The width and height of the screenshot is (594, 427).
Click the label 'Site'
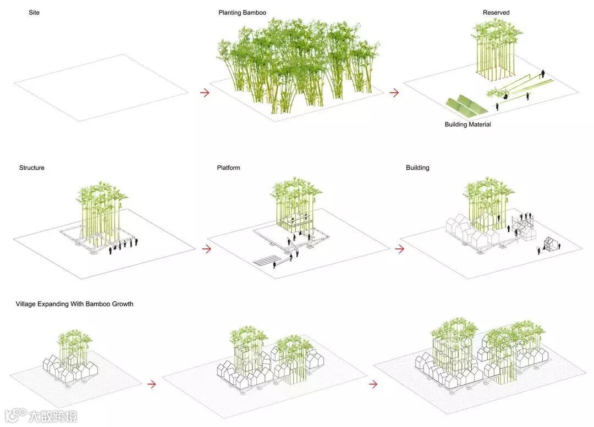click(x=34, y=13)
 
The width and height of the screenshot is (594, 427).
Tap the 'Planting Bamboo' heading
click(x=243, y=13)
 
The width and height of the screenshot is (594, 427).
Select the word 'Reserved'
click(x=496, y=13)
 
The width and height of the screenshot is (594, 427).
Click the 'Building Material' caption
click(x=468, y=125)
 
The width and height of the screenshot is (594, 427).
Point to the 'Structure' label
click(x=32, y=168)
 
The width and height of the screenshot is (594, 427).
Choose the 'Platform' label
click(x=228, y=168)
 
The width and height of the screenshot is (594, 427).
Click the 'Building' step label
click(x=417, y=168)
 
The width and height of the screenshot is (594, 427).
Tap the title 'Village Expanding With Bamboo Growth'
click(x=75, y=304)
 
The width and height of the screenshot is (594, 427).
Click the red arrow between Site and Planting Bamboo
click(x=205, y=93)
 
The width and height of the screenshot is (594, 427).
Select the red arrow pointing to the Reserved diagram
click(x=394, y=93)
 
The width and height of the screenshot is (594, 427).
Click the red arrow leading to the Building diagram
click(x=400, y=249)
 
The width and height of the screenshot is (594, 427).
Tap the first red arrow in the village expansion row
click(x=152, y=384)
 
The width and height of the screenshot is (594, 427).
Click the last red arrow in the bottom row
click(x=373, y=384)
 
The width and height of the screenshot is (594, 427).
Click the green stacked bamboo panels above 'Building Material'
click(x=465, y=107)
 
